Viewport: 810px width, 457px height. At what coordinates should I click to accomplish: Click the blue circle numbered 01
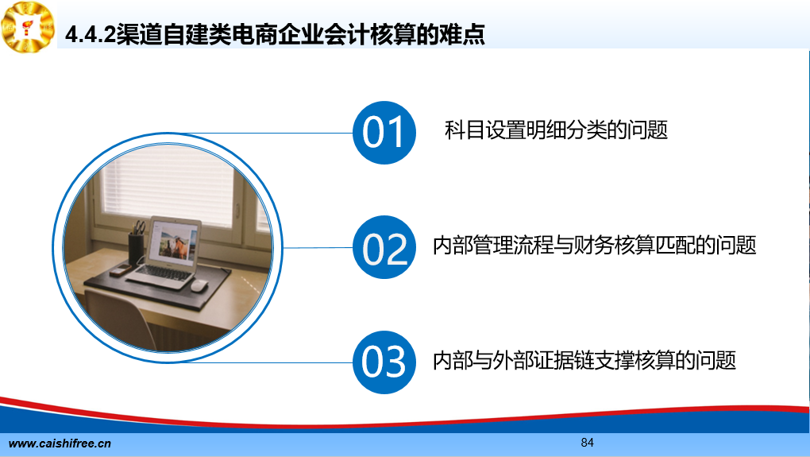pos(384,133)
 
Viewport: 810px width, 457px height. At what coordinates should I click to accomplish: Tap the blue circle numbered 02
pos(384,247)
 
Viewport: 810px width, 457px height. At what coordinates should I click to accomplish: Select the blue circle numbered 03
pos(384,362)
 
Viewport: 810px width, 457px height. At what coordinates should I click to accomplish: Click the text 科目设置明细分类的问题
pos(556,130)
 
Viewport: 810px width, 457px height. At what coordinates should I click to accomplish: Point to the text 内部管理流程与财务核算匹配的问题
pos(595,245)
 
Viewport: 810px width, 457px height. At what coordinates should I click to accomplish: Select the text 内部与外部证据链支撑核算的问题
pos(584,360)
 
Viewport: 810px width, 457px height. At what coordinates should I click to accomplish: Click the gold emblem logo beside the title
pos(28,26)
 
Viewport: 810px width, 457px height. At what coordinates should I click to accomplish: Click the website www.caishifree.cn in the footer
pos(60,443)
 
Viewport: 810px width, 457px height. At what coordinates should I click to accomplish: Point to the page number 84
pos(588,443)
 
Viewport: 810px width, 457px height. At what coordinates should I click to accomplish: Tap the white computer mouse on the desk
pos(199,285)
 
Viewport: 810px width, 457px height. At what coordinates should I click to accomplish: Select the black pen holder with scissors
pos(137,245)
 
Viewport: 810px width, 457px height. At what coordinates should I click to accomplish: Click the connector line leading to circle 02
pos(318,248)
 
